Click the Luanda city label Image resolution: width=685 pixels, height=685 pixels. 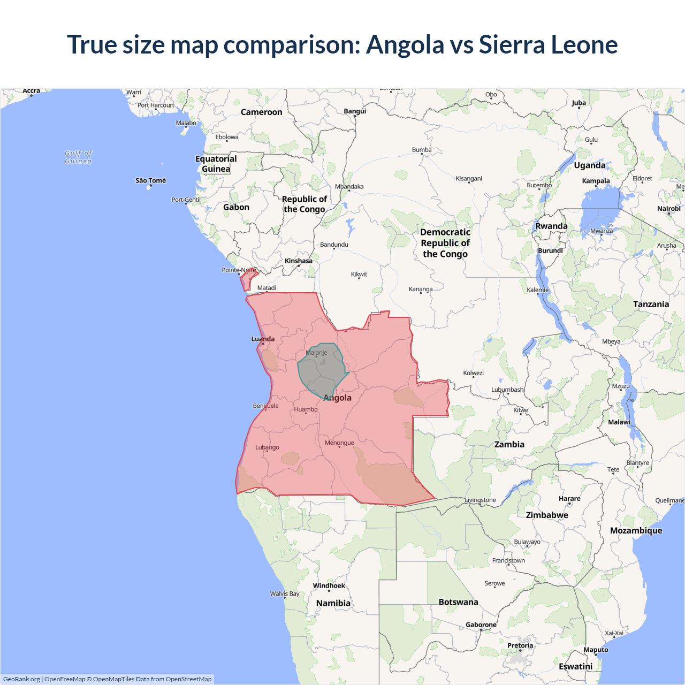pyautogui.click(x=263, y=339)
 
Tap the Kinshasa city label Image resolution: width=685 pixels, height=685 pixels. pyautogui.click(x=298, y=261)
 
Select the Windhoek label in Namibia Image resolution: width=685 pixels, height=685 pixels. pyautogui.click(x=329, y=585)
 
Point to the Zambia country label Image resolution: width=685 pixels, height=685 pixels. pyautogui.click(x=509, y=444)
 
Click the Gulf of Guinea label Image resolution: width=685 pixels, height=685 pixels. pyautogui.click(x=78, y=157)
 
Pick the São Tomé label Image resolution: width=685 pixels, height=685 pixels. pyautogui.click(x=150, y=180)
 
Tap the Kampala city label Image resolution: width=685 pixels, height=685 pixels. pyautogui.click(x=596, y=181)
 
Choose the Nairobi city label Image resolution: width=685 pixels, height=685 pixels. pyautogui.click(x=668, y=209)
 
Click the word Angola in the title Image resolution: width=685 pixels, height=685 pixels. pyautogui.click(x=405, y=44)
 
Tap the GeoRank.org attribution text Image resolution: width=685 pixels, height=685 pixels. pyautogui.click(x=21, y=679)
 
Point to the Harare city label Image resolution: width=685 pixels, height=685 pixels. pyautogui.click(x=569, y=498)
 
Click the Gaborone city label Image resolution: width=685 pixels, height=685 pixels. pyautogui.click(x=481, y=625)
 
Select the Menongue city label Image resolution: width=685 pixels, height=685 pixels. pyautogui.click(x=339, y=443)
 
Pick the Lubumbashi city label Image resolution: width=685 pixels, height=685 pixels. pyautogui.click(x=508, y=390)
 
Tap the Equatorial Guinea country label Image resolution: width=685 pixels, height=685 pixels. pyautogui.click(x=216, y=164)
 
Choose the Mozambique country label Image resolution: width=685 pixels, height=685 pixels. pyautogui.click(x=636, y=530)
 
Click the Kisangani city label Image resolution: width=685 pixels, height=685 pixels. pyautogui.click(x=469, y=178)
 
